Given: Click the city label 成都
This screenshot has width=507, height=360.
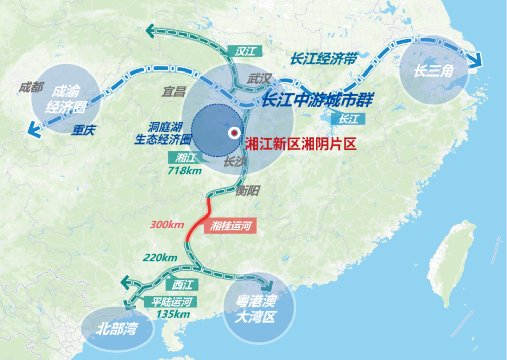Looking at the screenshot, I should (31, 87).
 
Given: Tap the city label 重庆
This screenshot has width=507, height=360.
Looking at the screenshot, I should (83, 130).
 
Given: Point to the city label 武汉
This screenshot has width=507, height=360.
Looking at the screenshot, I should (260, 79).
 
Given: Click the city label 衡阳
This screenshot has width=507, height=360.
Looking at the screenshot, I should (247, 191).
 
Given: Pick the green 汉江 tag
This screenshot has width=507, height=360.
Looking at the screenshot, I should (244, 51).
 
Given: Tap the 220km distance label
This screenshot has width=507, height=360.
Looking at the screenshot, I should (161, 257).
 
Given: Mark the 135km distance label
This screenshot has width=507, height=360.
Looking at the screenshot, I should (173, 314).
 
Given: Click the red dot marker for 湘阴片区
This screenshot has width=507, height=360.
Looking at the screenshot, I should (234, 133).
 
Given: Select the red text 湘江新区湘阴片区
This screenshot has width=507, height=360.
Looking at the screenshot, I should (301, 144).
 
